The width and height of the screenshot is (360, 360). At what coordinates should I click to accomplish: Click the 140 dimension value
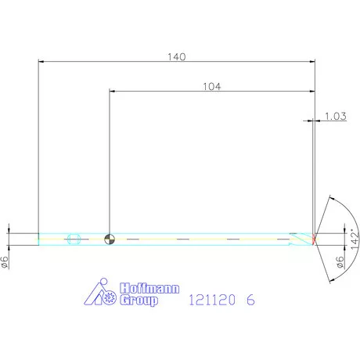pyautogui.click(x=176, y=56)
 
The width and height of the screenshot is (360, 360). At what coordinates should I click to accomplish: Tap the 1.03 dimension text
pyautogui.click(x=335, y=117)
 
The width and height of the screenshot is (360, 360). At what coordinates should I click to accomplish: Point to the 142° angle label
pyautogui.click(x=354, y=237)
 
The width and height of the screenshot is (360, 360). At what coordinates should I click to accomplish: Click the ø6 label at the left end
pyautogui.click(x=6, y=263)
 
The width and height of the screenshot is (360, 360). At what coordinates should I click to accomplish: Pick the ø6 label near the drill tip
pyautogui.click(x=340, y=263)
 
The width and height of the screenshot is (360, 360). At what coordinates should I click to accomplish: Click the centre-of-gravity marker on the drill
pyautogui.click(x=110, y=238)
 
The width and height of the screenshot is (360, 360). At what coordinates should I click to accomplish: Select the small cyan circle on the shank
pyautogui.click(x=75, y=238)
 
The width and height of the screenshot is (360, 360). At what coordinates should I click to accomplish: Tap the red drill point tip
pyautogui.click(x=315, y=238)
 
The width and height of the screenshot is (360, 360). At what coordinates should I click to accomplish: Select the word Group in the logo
pyautogui.click(x=139, y=301)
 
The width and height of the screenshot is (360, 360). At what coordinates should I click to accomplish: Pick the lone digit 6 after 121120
pyautogui.click(x=250, y=300)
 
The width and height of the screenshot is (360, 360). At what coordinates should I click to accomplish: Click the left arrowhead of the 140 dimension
pyautogui.click(x=41, y=61)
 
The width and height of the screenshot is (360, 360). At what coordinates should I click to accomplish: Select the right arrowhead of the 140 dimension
pyautogui.click(x=313, y=61)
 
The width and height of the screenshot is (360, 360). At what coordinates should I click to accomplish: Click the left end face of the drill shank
pyautogui.click(x=38, y=238)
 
